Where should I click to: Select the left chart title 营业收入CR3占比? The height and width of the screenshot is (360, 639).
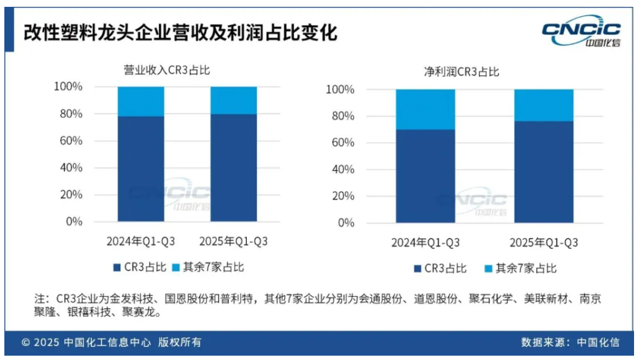coord(167,70)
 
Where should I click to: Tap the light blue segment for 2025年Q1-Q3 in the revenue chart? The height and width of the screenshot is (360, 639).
coord(234,100)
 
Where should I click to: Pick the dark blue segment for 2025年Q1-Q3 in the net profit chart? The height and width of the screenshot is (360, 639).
coord(543,172)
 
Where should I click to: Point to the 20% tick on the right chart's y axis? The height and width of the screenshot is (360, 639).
coord(341,196)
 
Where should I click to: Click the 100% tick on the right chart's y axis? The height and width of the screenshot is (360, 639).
coord(339,90)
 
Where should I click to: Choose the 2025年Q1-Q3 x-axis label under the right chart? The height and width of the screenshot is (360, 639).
coord(543,243)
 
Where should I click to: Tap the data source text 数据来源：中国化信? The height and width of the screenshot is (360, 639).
coord(570,343)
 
